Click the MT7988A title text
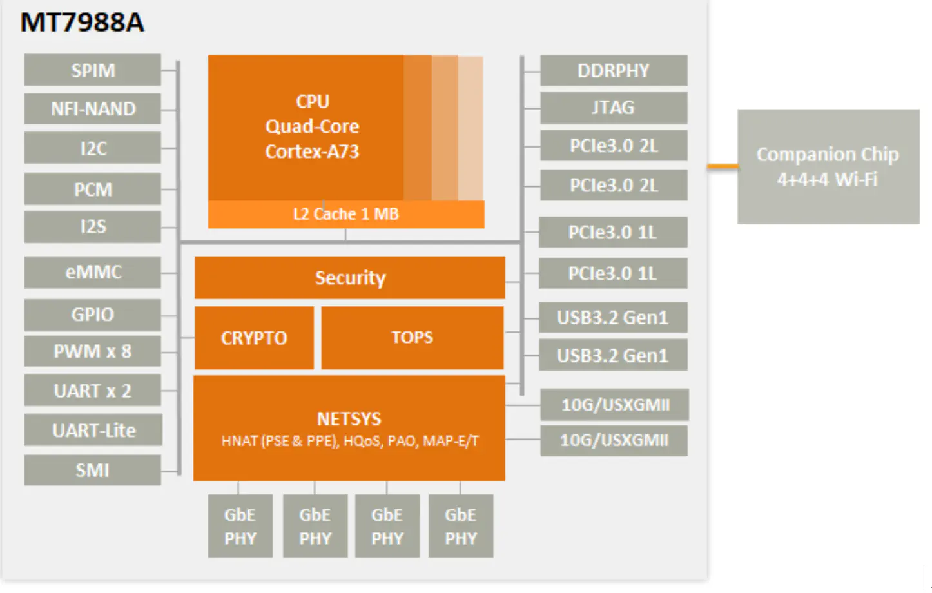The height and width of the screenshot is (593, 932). (x=82, y=23)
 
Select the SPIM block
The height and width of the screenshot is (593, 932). (x=92, y=70)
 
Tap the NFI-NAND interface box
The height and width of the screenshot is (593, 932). (x=92, y=108)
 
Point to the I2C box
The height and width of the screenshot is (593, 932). (x=92, y=148)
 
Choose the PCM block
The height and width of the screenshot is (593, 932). (x=92, y=189)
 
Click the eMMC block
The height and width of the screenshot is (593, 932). (x=92, y=272)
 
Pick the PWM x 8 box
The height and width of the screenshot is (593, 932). (x=92, y=351)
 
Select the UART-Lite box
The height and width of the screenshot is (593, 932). (x=93, y=430)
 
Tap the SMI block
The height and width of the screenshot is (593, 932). (x=92, y=470)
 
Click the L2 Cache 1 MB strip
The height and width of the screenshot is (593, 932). (x=346, y=214)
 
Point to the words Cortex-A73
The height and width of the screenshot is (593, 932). (x=312, y=151)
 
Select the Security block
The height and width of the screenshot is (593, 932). (x=349, y=278)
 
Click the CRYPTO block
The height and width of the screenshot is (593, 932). (x=254, y=338)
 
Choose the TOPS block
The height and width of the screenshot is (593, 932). (x=412, y=337)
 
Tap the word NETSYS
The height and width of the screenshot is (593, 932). (x=349, y=419)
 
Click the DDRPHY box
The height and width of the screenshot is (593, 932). (x=613, y=70)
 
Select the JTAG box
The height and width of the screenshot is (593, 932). (x=613, y=108)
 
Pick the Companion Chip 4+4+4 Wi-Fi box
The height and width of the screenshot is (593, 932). (x=828, y=166)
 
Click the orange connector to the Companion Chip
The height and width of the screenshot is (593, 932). (x=723, y=166)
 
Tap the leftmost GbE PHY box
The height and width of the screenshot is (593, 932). (x=240, y=526)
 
